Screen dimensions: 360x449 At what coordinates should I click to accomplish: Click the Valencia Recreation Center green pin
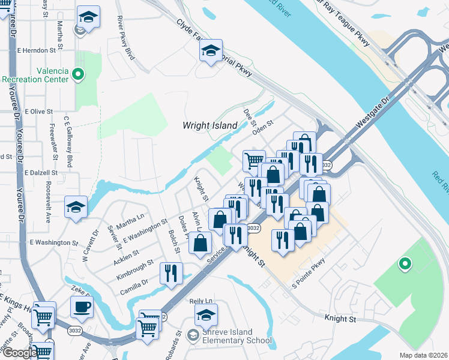77,74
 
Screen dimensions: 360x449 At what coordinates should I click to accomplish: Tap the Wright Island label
210,125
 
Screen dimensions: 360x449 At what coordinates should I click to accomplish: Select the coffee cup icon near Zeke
82,307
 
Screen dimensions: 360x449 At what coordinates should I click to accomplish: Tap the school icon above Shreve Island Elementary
206,315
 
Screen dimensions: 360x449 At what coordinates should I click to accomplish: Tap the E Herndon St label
40,51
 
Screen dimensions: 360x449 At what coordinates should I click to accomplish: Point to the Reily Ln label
201,300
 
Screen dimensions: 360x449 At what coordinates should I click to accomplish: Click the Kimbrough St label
135,268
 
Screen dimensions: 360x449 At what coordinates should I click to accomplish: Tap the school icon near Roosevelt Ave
76,207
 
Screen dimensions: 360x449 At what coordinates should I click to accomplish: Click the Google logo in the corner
19,353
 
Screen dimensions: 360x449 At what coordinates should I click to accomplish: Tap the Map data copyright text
423,355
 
